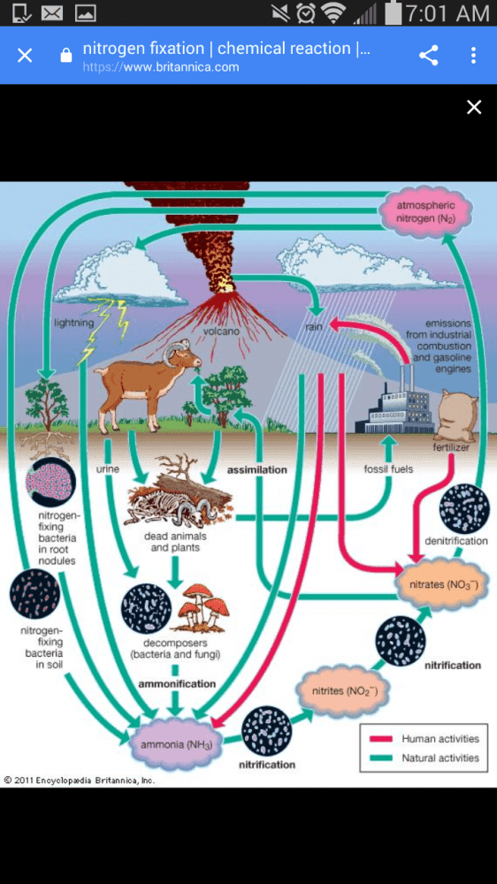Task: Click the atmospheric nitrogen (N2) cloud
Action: (x=425, y=212)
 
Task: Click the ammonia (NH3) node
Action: (x=176, y=744)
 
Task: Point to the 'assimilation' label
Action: (x=256, y=469)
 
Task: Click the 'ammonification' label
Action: (x=177, y=684)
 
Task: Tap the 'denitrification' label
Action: (x=455, y=541)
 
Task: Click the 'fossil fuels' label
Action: (x=389, y=469)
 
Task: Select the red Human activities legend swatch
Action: (x=381, y=739)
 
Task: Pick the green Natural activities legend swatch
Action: (x=381, y=758)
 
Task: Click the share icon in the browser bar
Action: (x=429, y=55)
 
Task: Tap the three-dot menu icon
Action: (x=473, y=55)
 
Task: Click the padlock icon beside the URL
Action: (x=66, y=55)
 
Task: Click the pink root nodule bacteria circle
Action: (x=50, y=482)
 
